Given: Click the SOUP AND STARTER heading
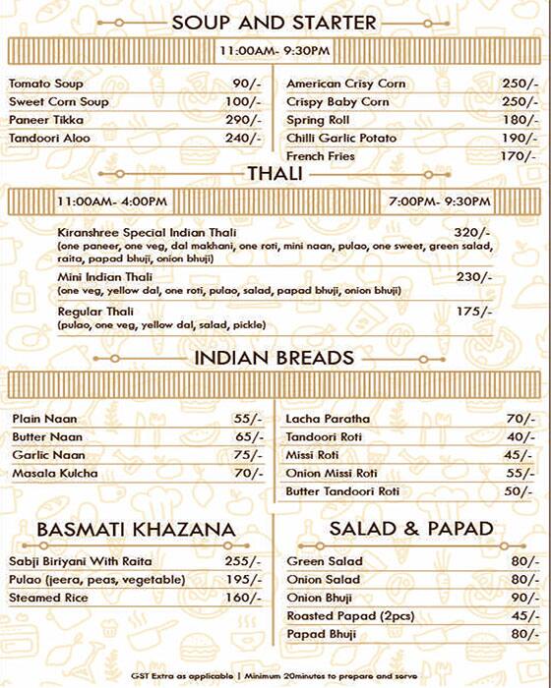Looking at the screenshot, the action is pos(274,22).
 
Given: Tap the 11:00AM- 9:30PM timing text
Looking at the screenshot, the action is pos(275,50).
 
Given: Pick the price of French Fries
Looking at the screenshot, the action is pos(519,156).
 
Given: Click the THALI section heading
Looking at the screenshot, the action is pos(275,175).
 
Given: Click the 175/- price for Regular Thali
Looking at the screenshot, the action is pos(473,312).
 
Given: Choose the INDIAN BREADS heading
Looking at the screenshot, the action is pos(275,357).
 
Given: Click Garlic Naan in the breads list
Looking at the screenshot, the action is pos(49,455).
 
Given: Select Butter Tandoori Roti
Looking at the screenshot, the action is pos(342,491).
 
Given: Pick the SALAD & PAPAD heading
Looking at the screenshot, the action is pos(411,529).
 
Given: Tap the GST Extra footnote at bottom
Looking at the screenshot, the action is pos(275,677).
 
